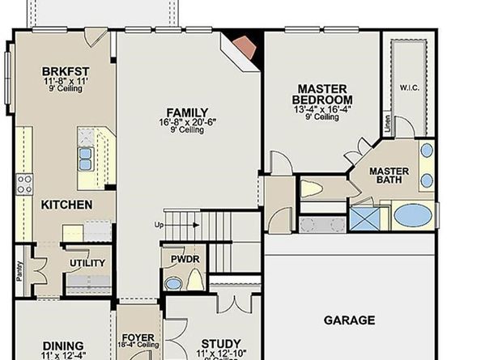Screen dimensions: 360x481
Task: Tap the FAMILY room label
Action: pos(187,112)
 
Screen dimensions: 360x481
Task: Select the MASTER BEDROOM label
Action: pos(322,93)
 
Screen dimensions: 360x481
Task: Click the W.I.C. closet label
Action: pos(408,87)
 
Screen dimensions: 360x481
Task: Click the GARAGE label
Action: pos(350,320)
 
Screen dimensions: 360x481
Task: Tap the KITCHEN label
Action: pos(66,205)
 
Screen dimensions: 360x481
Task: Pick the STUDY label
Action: pos(221,343)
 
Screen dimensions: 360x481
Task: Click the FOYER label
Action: pos(138,337)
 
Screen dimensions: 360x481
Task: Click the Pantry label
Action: pos(19,269)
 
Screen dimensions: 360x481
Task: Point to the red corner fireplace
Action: pos(244,44)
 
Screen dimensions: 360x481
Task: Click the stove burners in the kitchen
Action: pos(24,182)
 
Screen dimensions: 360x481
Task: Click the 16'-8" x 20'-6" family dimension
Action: pos(187,122)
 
